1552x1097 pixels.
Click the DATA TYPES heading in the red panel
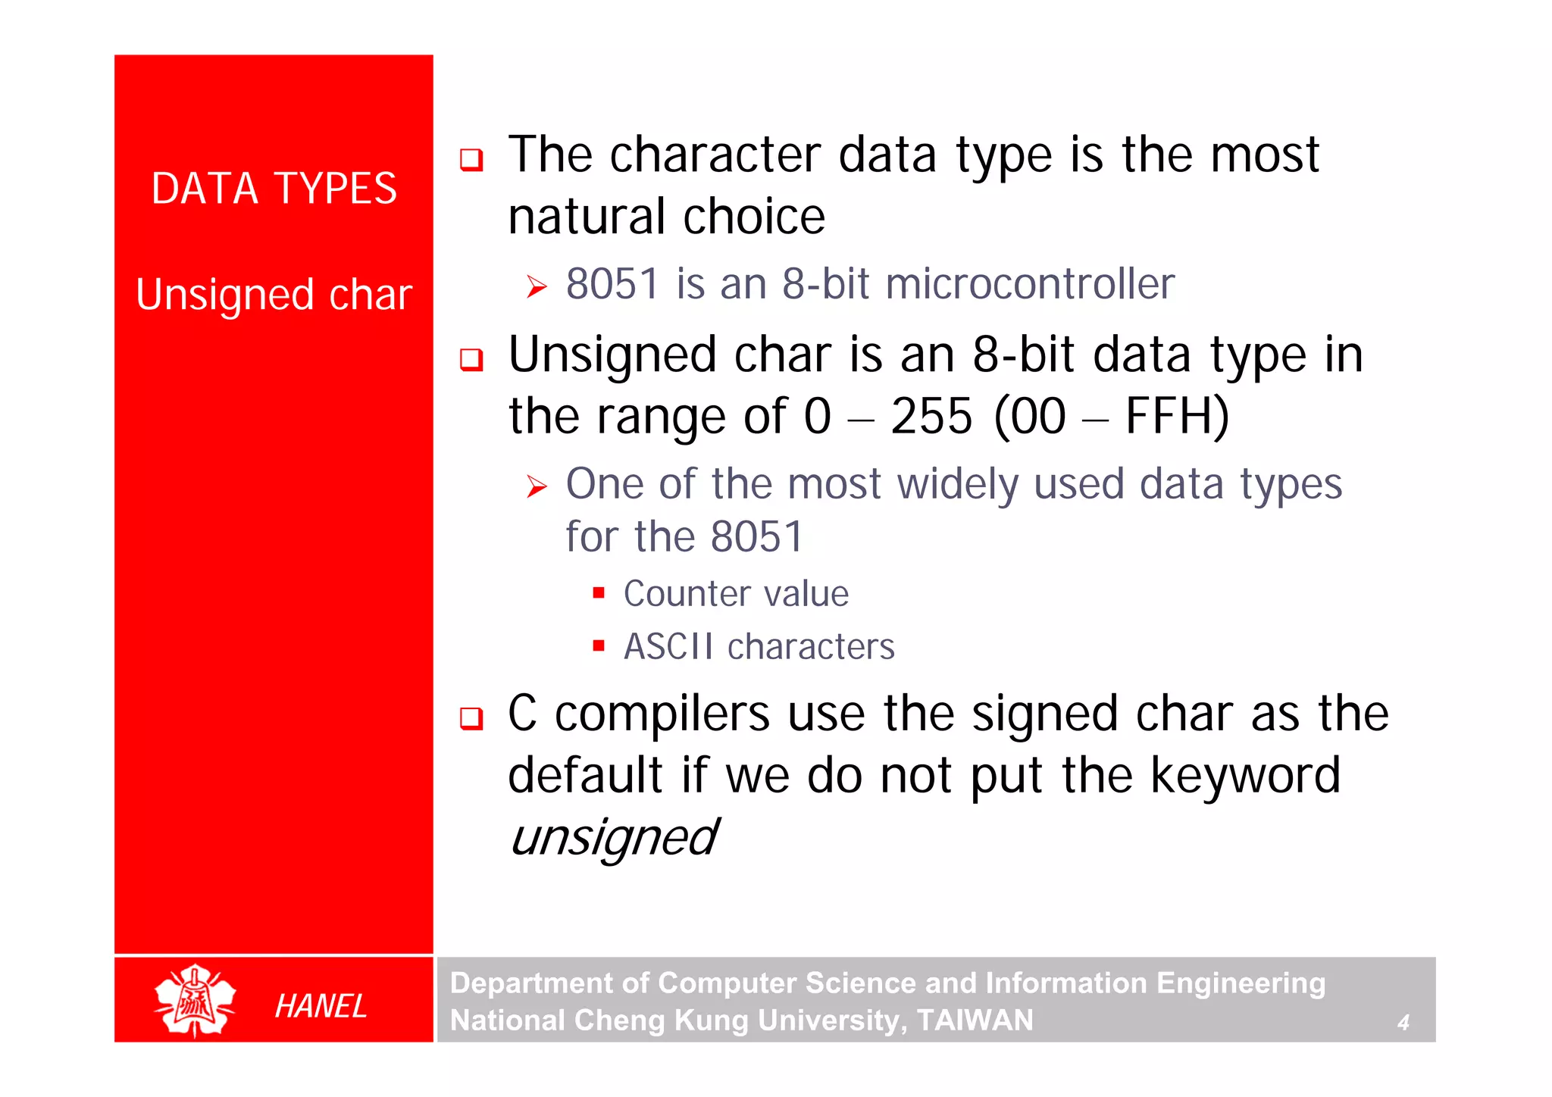274,189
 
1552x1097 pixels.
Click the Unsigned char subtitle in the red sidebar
274,295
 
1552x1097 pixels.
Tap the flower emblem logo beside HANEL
195,1000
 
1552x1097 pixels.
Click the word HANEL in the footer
321,1006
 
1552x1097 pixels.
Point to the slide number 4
1403,1023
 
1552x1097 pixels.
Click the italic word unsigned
612,838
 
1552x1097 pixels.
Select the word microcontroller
1029,284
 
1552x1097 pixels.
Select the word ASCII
668,647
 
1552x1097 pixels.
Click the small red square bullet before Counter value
599,592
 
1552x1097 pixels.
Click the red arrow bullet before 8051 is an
537,286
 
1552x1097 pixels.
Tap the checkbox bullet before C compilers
471,717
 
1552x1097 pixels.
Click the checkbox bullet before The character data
471,159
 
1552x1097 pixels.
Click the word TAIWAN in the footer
975,1020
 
